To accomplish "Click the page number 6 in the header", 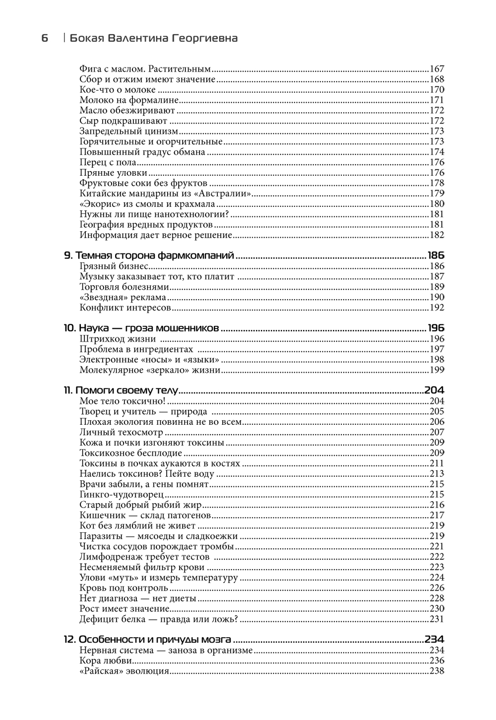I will coord(45,38).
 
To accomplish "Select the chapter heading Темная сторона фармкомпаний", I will coord(154,256).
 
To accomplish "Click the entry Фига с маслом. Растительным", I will coord(145,69).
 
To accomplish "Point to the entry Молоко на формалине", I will coord(126,100).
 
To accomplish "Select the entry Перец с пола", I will coord(108,162).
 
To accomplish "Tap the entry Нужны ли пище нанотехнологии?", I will coord(154,214).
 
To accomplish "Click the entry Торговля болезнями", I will coord(124,287).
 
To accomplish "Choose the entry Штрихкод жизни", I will coord(118,339).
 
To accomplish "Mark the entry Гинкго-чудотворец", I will coord(122,495).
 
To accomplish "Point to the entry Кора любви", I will coord(106,661).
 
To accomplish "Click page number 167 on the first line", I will coord(436,69).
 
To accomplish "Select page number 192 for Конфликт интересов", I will coord(436,308).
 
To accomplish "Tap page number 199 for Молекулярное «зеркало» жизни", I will coord(436,370).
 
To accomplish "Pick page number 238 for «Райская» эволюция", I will coord(436,671).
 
